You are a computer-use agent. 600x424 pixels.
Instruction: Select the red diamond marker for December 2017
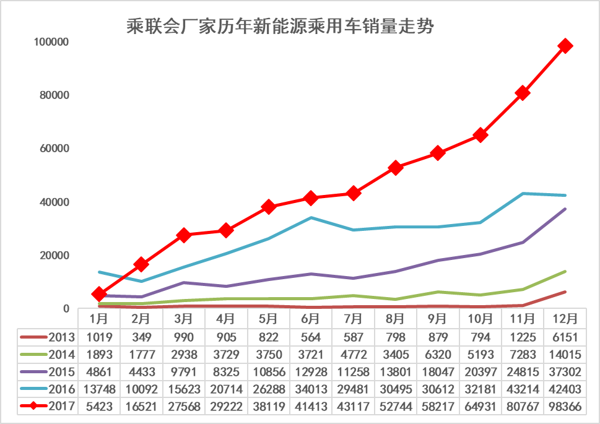pyautogui.click(x=565, y=46)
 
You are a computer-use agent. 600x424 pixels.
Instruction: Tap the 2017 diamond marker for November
pyautogui.click(x=522, y=93)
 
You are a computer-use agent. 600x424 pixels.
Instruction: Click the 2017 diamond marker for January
pyautogui.click(x=99, y=294)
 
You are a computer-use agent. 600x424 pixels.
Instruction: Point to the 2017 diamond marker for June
pyautogui.click(x=310, y=198)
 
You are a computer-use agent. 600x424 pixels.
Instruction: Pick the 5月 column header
pyautogui.click(x=268, y=319)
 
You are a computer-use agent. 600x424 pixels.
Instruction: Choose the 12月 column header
pyautogui.click(x=564, y=319)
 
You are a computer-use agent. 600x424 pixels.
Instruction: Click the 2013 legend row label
pyautogui.click(x=62, y=337)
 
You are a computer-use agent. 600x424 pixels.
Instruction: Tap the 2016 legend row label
pyautogui.click(x=62, y=389)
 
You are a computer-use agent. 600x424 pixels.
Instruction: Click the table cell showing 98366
pyautogui.click(x=564, y=407)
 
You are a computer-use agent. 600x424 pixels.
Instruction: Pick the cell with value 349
pyautogui.click(x=141, y=337)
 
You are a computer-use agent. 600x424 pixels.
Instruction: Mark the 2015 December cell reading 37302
pyautogui.click(x=564, y=372)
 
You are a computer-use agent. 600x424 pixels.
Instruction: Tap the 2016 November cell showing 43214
pyautogui.click(x=522, y=389)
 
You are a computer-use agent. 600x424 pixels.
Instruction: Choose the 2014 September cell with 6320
pyautogui.click(x=438, y=355)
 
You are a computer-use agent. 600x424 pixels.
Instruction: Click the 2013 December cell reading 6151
pyautogui.click(x=564, y=337)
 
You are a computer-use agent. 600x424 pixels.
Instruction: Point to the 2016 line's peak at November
pyautogui.click(x=522, y=194)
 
